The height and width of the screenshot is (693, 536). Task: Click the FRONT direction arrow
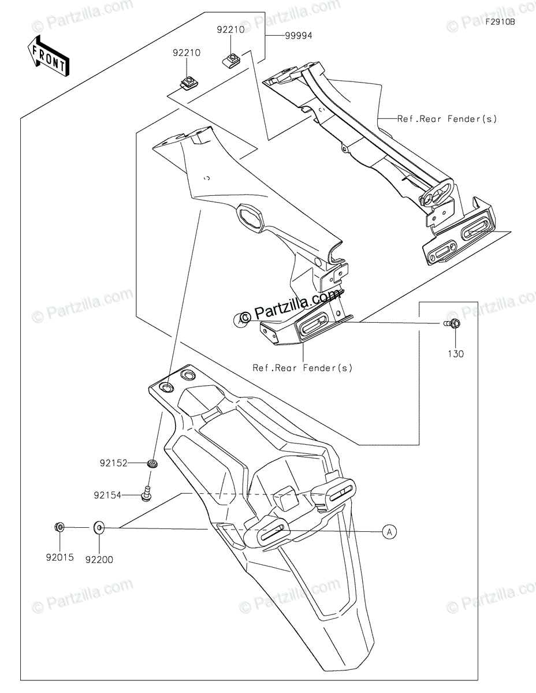click(49, 55)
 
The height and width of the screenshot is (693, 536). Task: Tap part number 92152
click(114, 463)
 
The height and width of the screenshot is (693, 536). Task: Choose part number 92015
click(60, 558)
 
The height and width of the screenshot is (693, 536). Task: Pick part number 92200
click(99, 559)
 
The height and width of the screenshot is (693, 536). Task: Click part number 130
click(456, 354)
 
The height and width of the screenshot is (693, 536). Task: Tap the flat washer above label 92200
click(99, 527)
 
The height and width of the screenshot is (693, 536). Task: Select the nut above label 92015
click(59, 527)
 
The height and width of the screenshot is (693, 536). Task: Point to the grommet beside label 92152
click(153, 463)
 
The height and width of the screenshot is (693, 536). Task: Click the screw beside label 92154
click(147, 494)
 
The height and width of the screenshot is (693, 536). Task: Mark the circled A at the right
click(390, 532)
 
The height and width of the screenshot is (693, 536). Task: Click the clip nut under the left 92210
click(187, 83)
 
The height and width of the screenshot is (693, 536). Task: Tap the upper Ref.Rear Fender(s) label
click(446, 119)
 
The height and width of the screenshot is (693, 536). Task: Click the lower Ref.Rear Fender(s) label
click(302, 367)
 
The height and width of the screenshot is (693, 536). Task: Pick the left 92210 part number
click(186, 53)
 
